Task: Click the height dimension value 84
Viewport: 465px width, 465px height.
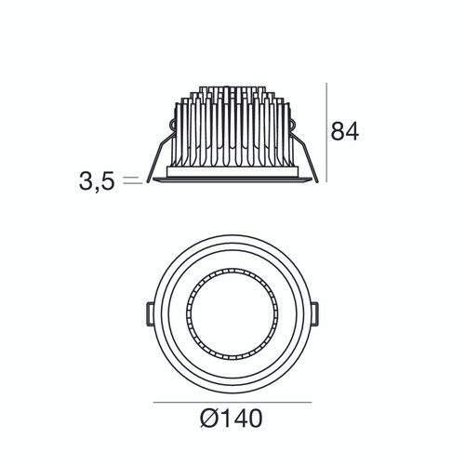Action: point(345,130)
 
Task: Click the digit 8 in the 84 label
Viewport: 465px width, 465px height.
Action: point(339,130)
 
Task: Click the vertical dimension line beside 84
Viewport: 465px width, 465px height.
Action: point(325,135)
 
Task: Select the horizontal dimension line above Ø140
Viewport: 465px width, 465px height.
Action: point(232,403)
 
